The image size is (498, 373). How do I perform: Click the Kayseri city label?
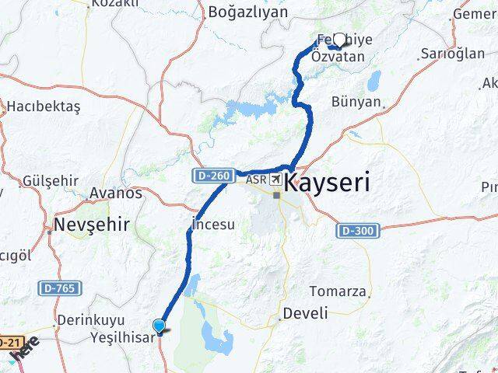coord(327,183)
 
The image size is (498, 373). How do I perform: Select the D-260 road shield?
coord(211,177)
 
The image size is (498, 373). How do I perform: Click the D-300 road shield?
coord(356,231)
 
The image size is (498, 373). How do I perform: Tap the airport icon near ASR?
coord(275,180)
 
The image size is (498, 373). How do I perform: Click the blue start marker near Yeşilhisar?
coord(160,327)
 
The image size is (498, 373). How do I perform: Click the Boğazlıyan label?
coord(247,12)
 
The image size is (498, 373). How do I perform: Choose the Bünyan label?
coord(356,102)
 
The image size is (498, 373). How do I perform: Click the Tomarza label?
coord(337,291)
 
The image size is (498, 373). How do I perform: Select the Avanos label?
coord(116,193)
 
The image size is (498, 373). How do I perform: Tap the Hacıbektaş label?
coord(41,105)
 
